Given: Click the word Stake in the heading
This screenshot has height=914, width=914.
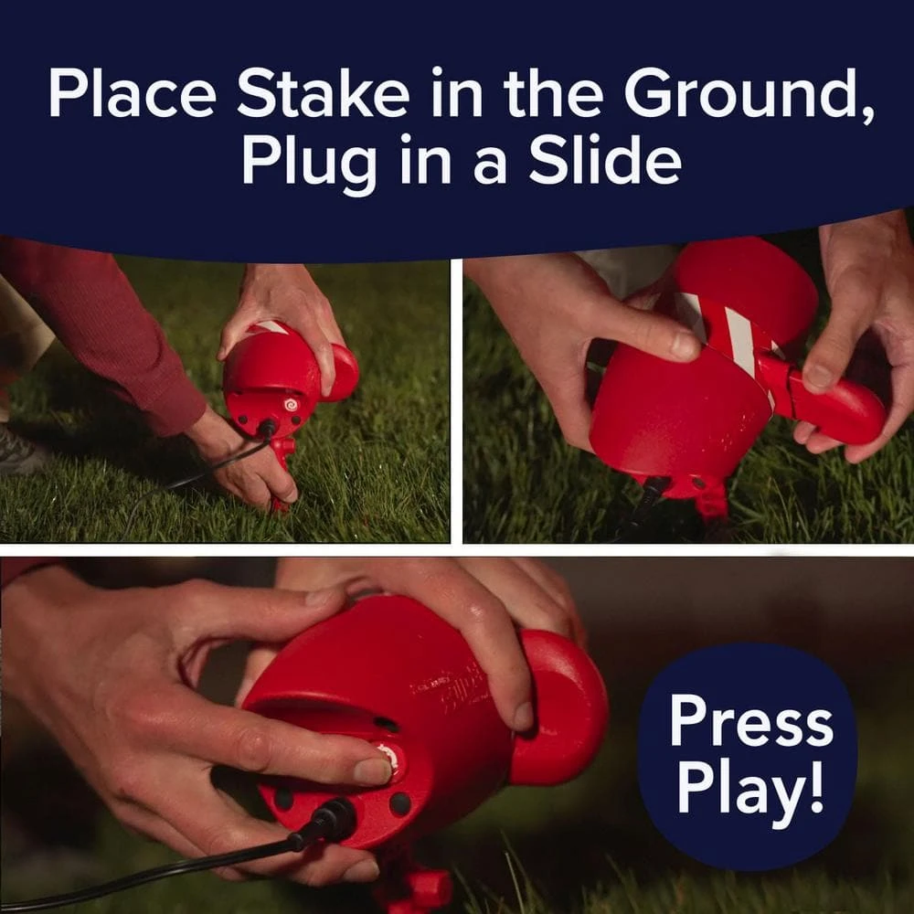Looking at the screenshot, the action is [323, 93].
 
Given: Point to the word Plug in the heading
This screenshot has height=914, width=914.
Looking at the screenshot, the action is [309, 165].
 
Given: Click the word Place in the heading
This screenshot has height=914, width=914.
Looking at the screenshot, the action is [133, 93].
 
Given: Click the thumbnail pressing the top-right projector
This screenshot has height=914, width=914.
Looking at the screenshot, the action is [684, 345].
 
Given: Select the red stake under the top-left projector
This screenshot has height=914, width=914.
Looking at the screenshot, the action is [282, 473].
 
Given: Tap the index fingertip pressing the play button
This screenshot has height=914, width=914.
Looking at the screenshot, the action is [372, 771].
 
